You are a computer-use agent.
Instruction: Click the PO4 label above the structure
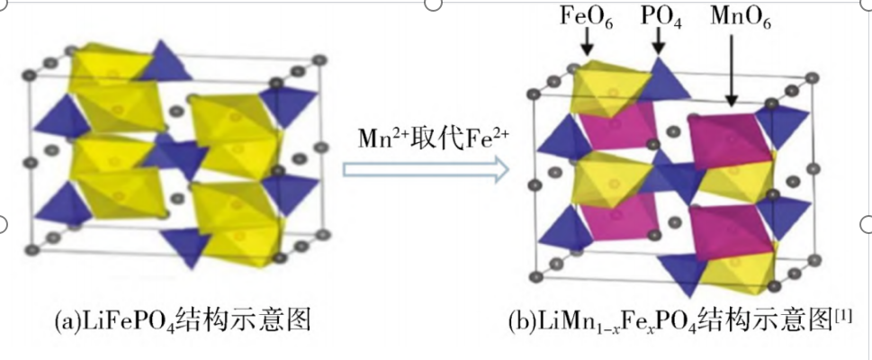[661, 18]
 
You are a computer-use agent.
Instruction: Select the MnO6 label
[741, 18]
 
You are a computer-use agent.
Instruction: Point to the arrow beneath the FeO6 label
[588, 43]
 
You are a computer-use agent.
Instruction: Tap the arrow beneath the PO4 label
[659, 42]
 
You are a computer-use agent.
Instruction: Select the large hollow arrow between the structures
[426, 169]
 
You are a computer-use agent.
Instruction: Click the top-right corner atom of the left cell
[319, 59]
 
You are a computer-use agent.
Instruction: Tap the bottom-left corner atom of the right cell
[536, 276]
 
